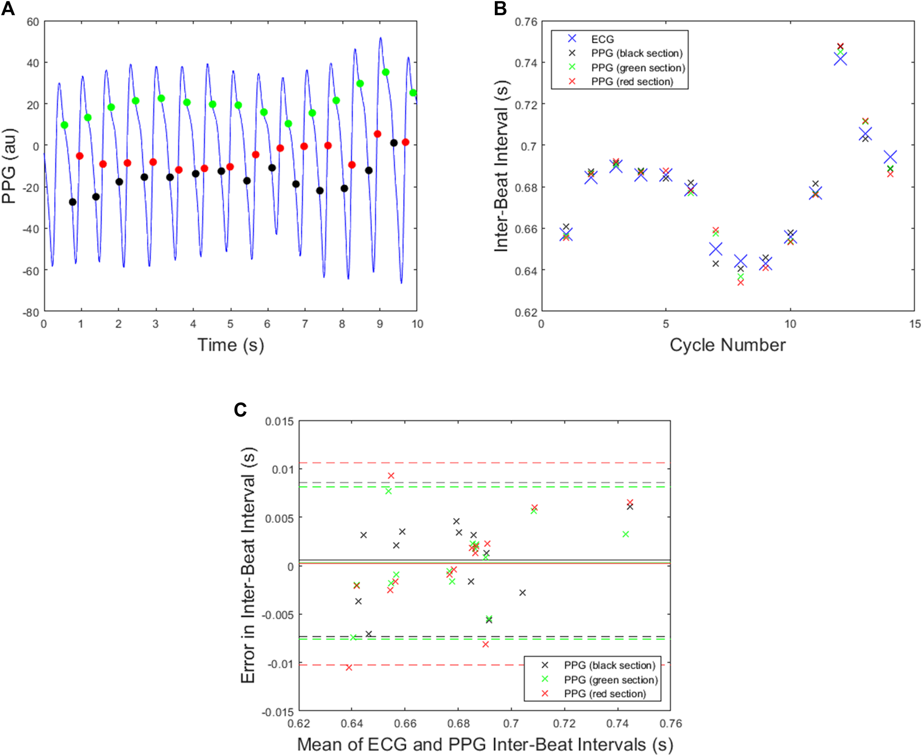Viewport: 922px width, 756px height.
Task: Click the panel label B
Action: coord(500,9)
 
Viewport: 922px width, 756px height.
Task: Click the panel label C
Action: coord(240,410)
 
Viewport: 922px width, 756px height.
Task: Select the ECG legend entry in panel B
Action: coord(603,39)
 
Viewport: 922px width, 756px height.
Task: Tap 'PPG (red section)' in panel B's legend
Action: coord(632,82)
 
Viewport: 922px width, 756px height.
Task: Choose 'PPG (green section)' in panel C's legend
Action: coord(611,679)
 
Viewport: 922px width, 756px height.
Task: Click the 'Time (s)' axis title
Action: coord(230,345)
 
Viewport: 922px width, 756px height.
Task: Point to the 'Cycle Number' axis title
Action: coord(727,345)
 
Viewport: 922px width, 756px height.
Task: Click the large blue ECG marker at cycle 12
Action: coord(840,59)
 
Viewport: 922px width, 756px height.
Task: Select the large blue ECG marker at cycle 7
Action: coord(715,249)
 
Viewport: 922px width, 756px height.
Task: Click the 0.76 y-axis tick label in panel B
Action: coord(526,22)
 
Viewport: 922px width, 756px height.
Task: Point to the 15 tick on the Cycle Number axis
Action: coord(915,324)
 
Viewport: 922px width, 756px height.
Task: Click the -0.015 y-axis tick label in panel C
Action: coord(279,712)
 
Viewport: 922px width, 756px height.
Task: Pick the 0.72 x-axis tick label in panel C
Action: coord(564,724)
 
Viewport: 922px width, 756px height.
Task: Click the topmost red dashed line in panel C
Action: coord(484,462)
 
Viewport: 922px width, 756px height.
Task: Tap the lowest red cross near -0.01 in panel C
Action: coord(349,667)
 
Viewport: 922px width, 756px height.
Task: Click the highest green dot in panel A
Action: coord(386,72)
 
